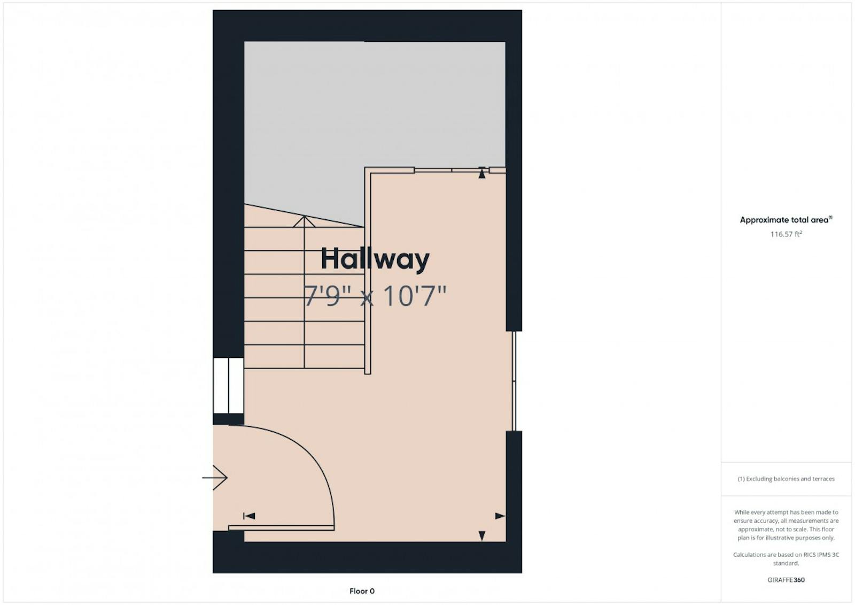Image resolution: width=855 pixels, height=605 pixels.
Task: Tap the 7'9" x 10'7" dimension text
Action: point(375,296)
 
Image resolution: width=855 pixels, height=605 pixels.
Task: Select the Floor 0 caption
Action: point(362,591)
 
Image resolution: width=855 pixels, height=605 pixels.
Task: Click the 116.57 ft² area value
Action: point(786,234)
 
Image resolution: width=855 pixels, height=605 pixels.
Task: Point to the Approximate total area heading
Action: point(786,220)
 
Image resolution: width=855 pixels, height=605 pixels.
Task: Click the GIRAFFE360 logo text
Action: point(786,580)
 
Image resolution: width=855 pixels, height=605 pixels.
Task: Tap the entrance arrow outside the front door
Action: point(215,478)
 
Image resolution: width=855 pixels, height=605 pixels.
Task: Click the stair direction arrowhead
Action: point(304,221)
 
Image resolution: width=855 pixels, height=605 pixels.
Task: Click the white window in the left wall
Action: point(228,386)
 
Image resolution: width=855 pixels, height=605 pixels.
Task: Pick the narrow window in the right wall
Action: point(514,381)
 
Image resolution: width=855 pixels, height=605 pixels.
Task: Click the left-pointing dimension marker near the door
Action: point(249,516)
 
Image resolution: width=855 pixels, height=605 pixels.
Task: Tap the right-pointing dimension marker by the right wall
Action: point(500,516)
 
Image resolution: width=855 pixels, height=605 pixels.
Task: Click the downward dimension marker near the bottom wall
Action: point(481,536)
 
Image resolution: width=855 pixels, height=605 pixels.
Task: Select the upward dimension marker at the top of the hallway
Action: point(481,173)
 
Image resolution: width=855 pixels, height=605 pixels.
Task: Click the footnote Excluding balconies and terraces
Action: point(786,479)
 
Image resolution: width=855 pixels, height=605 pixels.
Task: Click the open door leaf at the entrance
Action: point(281,528)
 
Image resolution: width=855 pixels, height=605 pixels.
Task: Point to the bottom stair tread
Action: point(304,357)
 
